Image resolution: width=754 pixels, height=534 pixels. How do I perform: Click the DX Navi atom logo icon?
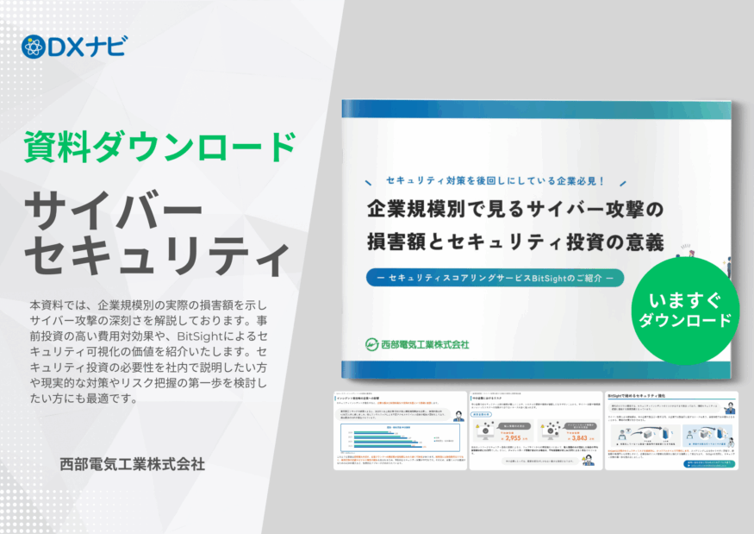[x=32, y=46]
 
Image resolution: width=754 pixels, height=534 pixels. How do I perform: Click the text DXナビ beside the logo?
[x=85, y=47]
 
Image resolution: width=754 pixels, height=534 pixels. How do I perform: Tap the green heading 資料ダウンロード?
[x=159, y=147]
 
